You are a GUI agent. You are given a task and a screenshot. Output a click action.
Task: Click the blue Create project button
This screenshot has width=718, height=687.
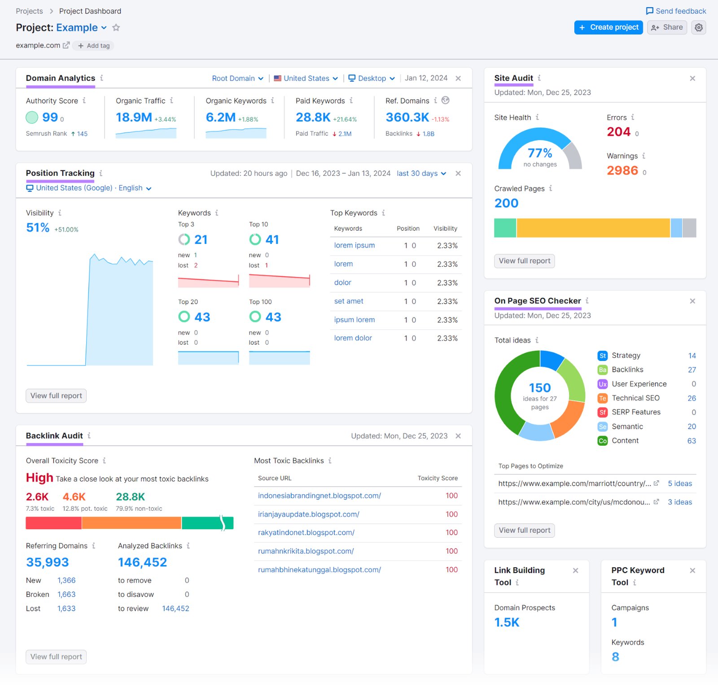[x=608, y=27]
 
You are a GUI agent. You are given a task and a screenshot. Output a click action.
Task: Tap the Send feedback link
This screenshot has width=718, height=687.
[x=676, y=11]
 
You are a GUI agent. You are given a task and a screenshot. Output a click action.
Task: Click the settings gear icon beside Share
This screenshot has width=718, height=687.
[x=698, y=27]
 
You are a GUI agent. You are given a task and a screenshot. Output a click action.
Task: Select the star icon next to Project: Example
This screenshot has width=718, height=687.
[x=116, y=28]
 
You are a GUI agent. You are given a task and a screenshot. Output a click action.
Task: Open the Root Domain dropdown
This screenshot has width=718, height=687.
[x=237, y=78]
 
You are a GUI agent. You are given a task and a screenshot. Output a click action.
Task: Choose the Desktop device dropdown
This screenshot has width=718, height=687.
[x=372, y=78]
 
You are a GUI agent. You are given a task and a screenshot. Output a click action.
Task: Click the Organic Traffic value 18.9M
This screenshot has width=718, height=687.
[x=134, y=117]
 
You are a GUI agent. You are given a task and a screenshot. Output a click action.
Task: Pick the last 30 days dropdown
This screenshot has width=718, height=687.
[x=421, y=174]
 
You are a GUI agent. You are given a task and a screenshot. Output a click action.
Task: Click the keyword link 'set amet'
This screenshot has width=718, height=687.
[x=348, y=301]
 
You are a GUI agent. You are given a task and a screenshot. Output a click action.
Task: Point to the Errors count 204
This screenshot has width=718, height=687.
[x=618, y=132]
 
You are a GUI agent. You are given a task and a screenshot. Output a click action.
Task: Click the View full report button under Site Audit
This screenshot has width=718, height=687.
[x=524, y=261]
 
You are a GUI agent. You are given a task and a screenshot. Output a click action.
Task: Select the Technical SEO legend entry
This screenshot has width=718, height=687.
[x=635, y=398]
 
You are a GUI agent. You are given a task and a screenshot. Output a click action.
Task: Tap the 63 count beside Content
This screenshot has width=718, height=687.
[x=691, y=441]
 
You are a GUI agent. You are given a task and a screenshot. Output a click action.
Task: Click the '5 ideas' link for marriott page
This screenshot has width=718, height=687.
[x=679, y=483]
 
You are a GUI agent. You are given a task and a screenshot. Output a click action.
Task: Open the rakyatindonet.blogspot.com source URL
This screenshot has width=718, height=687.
[x=306, y=533]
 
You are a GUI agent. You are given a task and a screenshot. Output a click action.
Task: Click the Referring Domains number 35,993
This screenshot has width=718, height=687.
[x=48, y=562]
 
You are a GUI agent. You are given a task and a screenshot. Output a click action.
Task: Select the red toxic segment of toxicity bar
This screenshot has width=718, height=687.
[x=53, y=523]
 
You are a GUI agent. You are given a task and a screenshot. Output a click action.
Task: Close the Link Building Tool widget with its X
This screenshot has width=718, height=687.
[x=575, y=570]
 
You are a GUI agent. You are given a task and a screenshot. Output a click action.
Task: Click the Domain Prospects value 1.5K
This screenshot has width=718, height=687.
[x=507, y=622]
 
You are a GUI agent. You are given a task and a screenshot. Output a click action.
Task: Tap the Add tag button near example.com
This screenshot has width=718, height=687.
[x=94, y=46]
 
